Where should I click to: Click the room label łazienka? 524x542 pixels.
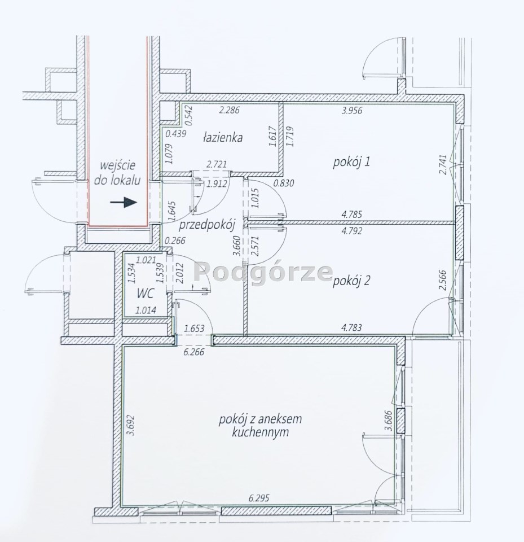(222, 138)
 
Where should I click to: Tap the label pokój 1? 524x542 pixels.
(351, 162)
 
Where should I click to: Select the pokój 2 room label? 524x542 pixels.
(351, 281)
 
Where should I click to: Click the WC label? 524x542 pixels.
(146, 294)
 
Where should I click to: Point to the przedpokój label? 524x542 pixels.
(207, 225)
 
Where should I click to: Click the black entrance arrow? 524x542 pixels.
(124, 202)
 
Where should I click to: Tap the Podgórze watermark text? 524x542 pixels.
(264, 272)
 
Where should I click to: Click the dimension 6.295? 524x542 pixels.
(259, 498)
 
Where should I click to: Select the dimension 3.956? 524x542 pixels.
(352, 111)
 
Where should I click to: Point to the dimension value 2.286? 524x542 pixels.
(230, 111)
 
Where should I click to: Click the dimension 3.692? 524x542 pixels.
(131, 426)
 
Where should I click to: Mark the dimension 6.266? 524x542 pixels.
(194, 352)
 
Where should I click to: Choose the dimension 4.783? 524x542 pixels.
(351, 327)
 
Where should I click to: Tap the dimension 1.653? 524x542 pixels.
(194, 328)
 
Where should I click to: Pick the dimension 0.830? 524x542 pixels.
(284, 183)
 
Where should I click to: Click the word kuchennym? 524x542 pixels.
(260, 432)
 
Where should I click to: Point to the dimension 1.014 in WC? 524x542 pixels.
(146, 311)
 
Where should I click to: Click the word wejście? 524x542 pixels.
(117, 165)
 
